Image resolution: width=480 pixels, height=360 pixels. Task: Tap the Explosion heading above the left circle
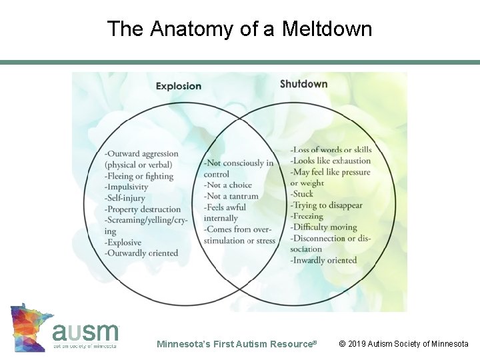[x=179, y=85]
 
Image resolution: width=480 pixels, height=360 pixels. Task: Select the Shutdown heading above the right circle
[x=303, y=84]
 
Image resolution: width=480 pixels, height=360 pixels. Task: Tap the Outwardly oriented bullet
[x=141, y=253]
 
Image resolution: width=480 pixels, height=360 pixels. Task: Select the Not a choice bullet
[x=228, y=185]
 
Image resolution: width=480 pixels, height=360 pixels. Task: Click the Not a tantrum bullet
[x=231, y=196]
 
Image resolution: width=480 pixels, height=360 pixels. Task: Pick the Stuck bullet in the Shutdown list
[x=301, y=194]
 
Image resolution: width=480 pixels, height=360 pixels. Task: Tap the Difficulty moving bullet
[x=323, y=227]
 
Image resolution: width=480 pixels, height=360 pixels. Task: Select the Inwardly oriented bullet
[x=323, y=260]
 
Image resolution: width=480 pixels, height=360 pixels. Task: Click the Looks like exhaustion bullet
[x=330, y=161]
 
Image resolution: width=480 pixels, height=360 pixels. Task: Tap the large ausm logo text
[x=85, y=331]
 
